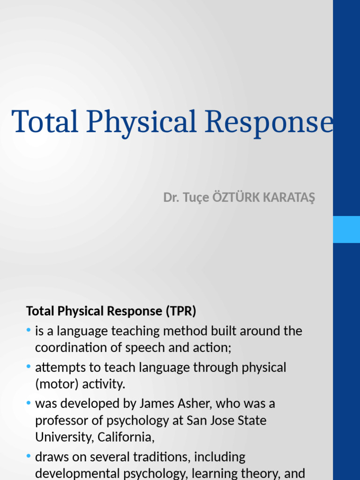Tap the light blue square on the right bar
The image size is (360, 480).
346,229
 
